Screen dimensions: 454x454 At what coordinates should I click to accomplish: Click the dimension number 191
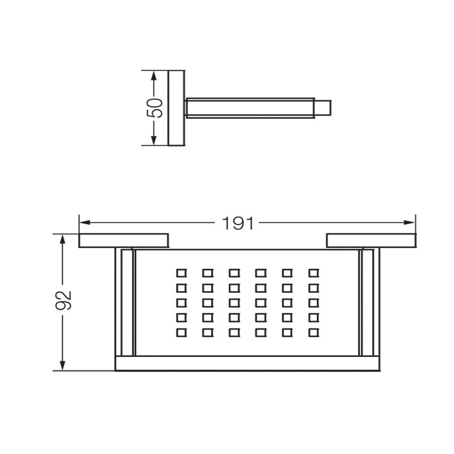(x=238, y=223)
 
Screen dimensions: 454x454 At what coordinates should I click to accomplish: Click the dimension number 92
(x=64, y=301)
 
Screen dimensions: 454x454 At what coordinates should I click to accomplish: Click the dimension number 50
(x=155, y=108)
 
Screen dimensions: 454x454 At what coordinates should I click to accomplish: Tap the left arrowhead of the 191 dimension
(x=85, y=222)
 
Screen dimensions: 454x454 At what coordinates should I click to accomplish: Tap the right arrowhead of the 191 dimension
(x=410, y=222)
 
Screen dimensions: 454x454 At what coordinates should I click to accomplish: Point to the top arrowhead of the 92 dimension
(x=62, y=240)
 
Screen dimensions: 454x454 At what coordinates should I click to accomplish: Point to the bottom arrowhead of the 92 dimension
(x=62, y=365)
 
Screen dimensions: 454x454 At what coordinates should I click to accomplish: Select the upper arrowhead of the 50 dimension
(x=154, y=76)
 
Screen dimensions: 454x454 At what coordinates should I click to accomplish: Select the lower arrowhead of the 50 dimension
(x=154, y=140)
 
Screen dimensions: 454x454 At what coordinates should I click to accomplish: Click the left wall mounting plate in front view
(x=124, y=241)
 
